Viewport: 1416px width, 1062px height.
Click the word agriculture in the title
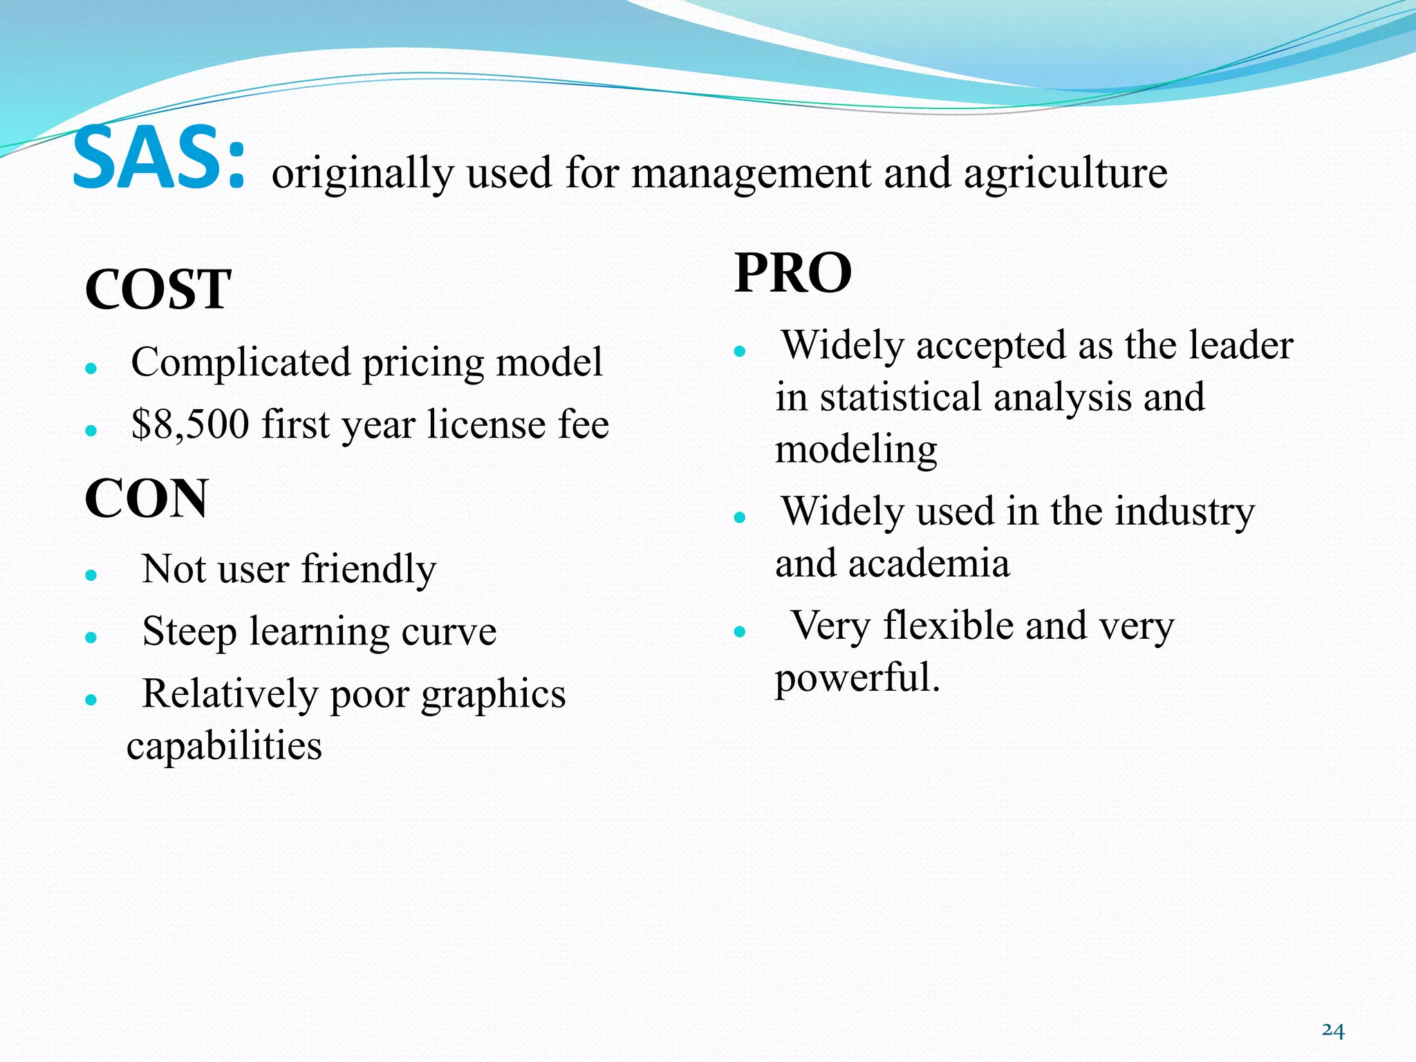1065,173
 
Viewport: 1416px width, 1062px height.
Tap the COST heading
158,289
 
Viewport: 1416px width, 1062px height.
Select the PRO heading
792,273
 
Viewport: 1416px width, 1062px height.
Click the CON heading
146,499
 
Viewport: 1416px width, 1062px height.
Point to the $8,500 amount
189,425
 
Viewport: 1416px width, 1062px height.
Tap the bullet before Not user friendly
91,575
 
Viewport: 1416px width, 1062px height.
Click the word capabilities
224,746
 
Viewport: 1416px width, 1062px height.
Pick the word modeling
856,449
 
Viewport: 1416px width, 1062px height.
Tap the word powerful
857,678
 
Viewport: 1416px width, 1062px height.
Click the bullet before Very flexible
740,631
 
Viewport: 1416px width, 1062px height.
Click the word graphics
493,694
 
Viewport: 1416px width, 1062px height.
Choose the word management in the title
750,173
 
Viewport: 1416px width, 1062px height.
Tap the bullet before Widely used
740,516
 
